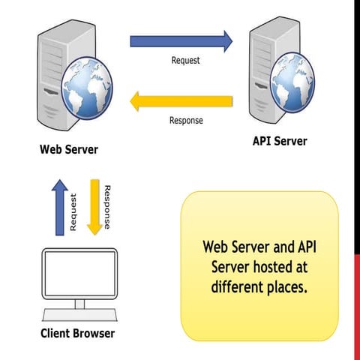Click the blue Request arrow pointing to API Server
(x=180, y=40)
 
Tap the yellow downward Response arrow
(x=94, y=205)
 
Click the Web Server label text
(x=69, y=149)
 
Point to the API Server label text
(x=280, y=141)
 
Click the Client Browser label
(x=78, y=333)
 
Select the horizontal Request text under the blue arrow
(x=185, y=60)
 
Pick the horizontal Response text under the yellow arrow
(x=187, y=120)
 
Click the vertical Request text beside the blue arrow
(x=73, y=212)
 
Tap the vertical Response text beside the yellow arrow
(x=107, y=207)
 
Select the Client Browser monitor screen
(x=79, y=274)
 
